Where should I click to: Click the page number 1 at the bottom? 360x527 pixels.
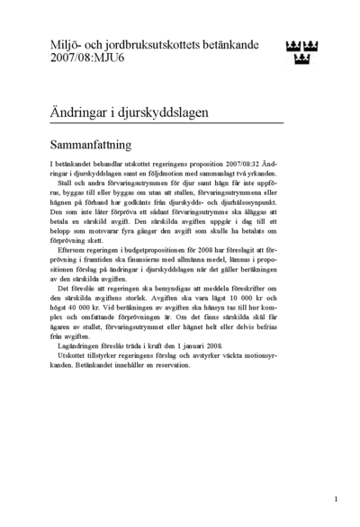click(335, 498)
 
